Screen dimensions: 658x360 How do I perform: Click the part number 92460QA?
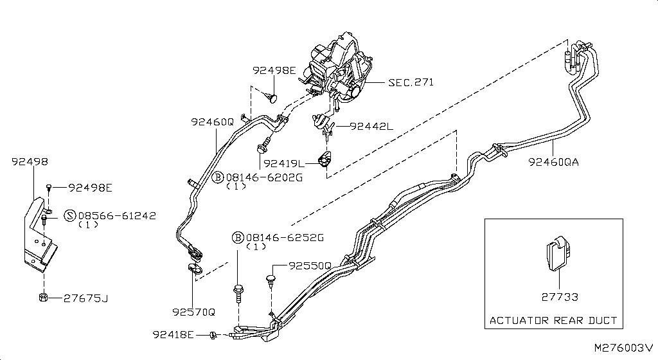(x=553, y=162)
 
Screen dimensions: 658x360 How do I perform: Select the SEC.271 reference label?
(x=411, y=82)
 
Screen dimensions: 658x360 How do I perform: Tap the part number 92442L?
(x=371, y=126)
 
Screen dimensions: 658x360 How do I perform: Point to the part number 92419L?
(x=283, y=163)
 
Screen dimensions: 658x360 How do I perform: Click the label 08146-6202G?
(x=264, y=177)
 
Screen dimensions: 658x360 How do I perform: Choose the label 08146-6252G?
(x=285, y=237)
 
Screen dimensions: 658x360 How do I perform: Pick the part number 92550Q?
(x=310, y=266)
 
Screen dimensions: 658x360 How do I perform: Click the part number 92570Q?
(x=193, y=312)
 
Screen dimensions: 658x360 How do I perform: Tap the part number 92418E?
(x=173, y=334)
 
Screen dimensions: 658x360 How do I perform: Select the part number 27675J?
(x=86, y=298)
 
